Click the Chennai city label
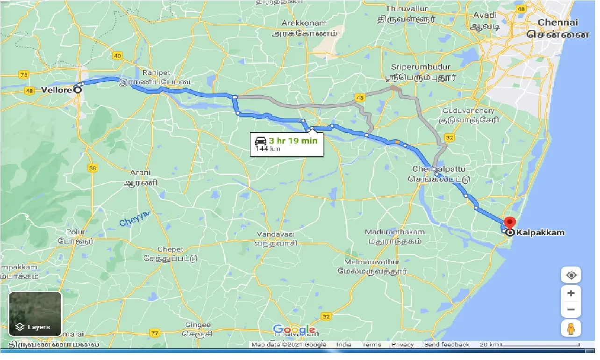[557, 22]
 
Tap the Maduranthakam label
[394, 232]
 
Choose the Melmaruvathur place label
[372, 261]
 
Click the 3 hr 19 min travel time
[293, 140]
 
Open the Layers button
[36, 314]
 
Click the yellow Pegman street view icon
[571, 328]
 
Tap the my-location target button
[571, 275]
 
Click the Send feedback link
[446, 345]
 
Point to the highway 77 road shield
[155, 333]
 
